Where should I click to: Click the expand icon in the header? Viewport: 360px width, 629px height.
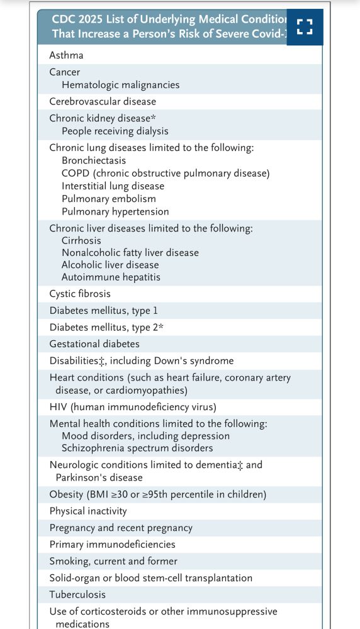click(305, 26)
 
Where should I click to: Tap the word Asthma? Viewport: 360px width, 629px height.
click(66, 55)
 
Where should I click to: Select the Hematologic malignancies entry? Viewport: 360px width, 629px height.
click(120, 85)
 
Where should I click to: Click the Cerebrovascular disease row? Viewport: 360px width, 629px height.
click(103, 101)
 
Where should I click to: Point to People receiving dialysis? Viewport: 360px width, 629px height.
click(115, 131)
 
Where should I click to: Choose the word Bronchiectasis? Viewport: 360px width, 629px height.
click(94, 161)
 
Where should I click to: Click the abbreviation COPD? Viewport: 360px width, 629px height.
click(76, 174)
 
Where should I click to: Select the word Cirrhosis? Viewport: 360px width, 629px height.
click(81, 240)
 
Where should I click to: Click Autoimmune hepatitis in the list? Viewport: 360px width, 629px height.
click(111, 277)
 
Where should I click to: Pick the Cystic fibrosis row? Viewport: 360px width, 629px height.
click(80, 294)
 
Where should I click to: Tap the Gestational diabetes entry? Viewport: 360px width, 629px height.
click(94, 344)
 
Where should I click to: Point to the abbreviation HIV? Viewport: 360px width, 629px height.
click(58, 407)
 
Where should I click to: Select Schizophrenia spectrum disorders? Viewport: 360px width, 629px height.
click(137, 448)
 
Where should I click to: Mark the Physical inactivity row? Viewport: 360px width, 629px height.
click(88, 511)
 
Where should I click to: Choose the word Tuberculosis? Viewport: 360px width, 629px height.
click(77, 594)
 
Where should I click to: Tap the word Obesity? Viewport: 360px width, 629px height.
click(66, 494)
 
